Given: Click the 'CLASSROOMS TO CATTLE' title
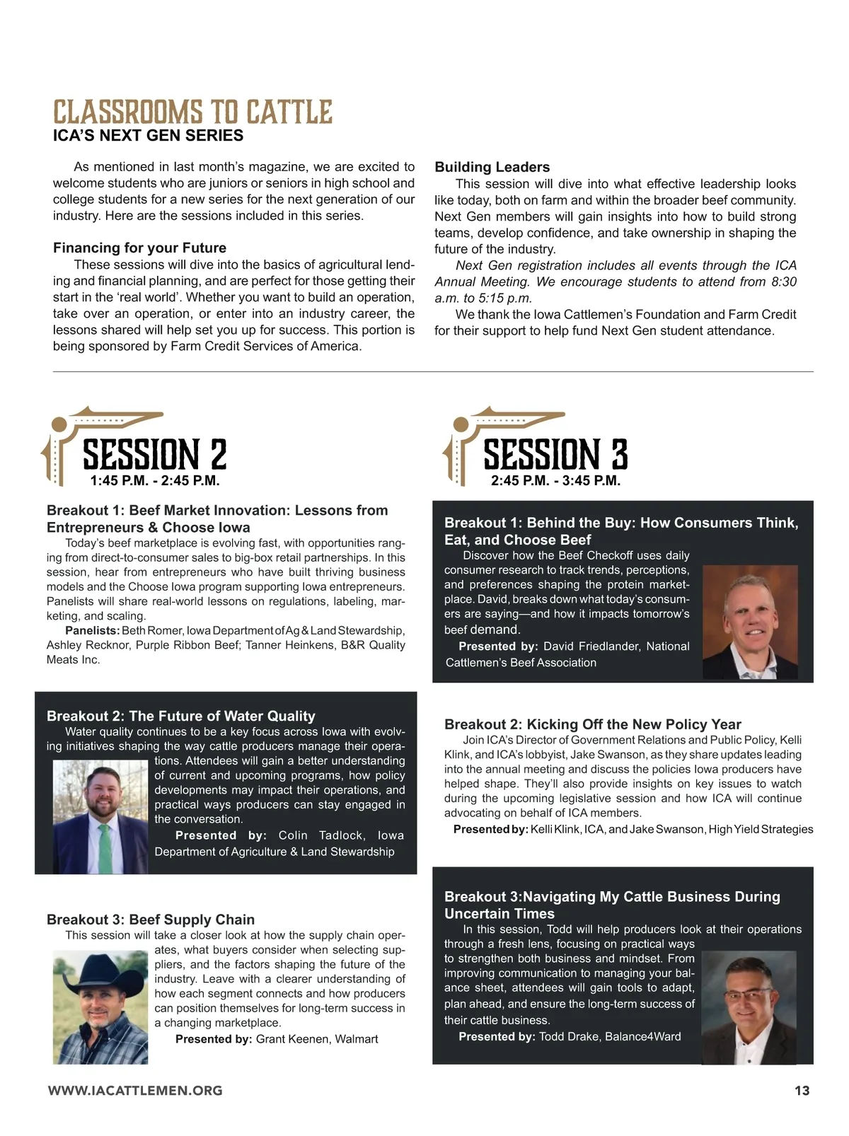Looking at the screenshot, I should [x=192, y=112].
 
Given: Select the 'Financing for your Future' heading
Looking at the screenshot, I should [x=139, y=248].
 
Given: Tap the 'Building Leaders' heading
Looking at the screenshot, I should [x=492, y=167].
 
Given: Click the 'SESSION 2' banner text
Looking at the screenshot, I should [x=155, y=453].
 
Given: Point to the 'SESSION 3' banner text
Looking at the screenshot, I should [x=555, y=453].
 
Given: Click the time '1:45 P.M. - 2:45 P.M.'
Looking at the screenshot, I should [x=155, y=481].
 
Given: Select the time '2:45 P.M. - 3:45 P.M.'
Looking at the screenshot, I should [x=555, y=481].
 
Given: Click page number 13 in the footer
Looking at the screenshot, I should [x=802, y=1091].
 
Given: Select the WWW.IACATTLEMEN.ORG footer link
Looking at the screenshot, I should [x=135, y=1091].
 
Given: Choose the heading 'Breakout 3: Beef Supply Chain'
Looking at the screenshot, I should [x=151, y=920].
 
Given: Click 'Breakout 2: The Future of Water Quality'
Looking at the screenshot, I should [x=181, y=716].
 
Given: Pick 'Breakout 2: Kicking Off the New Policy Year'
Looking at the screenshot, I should [x=592, y=724].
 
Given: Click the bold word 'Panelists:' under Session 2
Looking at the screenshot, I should [x=92, y=630].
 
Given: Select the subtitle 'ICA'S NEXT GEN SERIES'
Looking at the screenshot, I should [x=148, y=135].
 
